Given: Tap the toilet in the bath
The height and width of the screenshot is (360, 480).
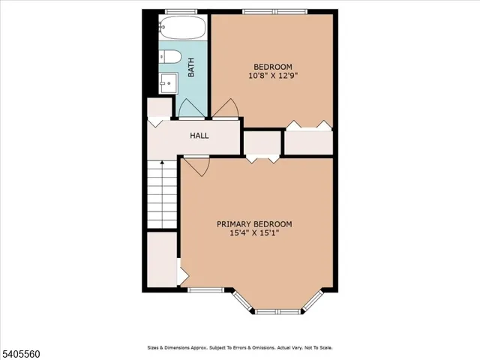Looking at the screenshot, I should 169,57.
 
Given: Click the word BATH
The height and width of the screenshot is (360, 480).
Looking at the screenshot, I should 191,69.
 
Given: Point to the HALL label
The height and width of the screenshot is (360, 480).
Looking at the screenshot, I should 199,136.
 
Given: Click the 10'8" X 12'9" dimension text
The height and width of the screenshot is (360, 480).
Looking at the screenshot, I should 271,75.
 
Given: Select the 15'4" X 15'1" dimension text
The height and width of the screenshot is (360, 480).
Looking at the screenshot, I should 254,233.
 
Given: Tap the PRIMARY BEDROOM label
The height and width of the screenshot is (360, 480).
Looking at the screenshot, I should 254,223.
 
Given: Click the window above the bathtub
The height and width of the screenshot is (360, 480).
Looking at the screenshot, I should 181,11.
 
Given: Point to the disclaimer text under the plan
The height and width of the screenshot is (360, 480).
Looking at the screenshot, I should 239,348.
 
